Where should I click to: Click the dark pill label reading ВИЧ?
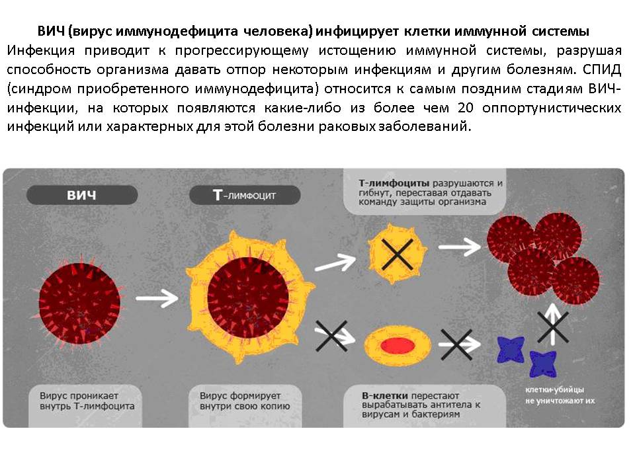click(82, 195)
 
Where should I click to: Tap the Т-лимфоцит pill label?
click(245, 195)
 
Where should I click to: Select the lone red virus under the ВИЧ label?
click(79, 302)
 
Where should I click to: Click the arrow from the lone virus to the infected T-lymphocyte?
click(157, 298)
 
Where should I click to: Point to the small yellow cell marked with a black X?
click(398, 254)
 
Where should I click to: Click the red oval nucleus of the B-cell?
click(398, 346)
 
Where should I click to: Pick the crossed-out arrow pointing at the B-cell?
click(333, 336)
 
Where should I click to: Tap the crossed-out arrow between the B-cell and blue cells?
click(458, 344)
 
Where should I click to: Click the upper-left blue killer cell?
click(511, 349)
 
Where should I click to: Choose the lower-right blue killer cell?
click(542, 364)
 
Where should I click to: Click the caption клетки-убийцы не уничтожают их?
click(560, 395)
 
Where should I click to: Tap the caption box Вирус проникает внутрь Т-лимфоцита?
click(85, 405)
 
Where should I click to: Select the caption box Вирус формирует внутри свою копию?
click(245, 405)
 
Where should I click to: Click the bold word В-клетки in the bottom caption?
click(385, 395)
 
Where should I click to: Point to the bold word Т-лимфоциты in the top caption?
click(394, 183)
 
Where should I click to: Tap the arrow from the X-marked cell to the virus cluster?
click(460, 247)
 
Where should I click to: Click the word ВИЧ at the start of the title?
click(52, 31)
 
